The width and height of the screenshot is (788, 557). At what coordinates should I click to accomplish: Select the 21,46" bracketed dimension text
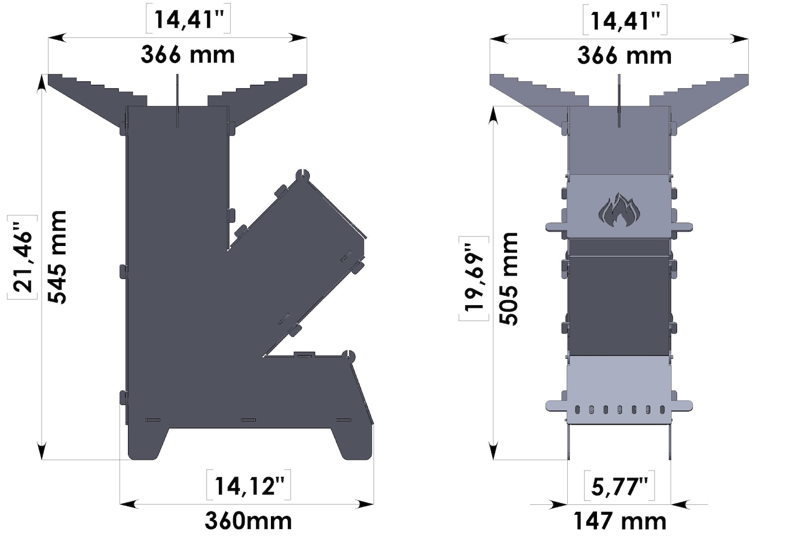(23, 257)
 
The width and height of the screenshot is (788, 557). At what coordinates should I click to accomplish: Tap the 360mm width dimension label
(248, 521)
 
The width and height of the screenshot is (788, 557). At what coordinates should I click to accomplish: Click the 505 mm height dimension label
(509, 279)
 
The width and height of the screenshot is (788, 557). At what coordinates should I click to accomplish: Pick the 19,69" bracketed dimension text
(474, 279)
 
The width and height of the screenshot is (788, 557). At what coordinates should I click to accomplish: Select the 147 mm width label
(619, 521)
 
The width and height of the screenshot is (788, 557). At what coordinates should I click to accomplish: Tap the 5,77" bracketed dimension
(619, 486)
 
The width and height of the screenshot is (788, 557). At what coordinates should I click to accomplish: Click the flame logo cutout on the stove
(619, 210)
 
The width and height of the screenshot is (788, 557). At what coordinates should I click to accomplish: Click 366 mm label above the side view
(188, 54)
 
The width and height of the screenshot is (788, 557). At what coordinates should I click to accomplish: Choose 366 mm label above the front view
(624, 55)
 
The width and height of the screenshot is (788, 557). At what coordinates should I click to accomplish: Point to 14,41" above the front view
(625, 21)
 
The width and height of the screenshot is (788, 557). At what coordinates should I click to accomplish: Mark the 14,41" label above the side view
(188, 19)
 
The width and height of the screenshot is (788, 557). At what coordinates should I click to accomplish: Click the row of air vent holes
(619, 409)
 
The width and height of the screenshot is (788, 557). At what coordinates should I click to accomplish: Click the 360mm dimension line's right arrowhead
(366, 504)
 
